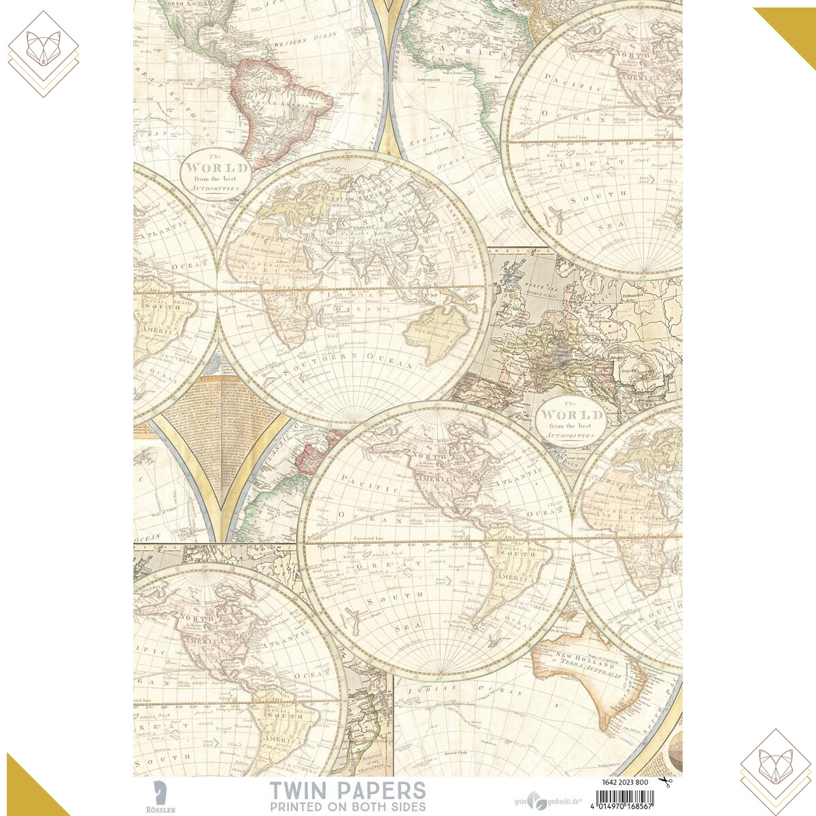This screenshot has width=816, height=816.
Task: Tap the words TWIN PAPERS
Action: pyautogui.click(x=347, y=790)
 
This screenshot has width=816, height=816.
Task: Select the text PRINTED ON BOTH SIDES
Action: pyautogui.click(x=347, y=806)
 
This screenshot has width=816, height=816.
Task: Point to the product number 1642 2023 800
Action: pyautogui.click(x=625, y=782)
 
